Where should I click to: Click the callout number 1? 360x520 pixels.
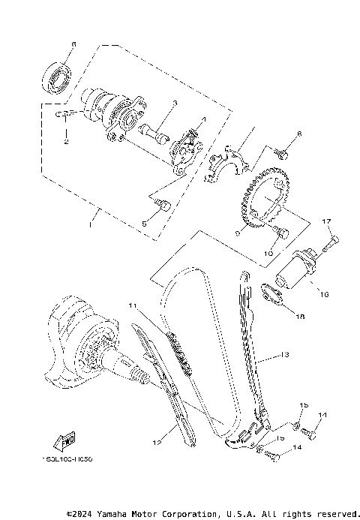(x=90, y=224)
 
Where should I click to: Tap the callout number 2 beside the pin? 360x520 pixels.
(x=65, y=141)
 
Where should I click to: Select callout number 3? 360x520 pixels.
(x=173, y=104)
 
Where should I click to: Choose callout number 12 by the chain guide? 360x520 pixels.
(x=157, y=443)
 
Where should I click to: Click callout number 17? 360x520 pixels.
(x=326, y=221)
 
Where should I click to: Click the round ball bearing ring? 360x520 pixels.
(x=58, y=76)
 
